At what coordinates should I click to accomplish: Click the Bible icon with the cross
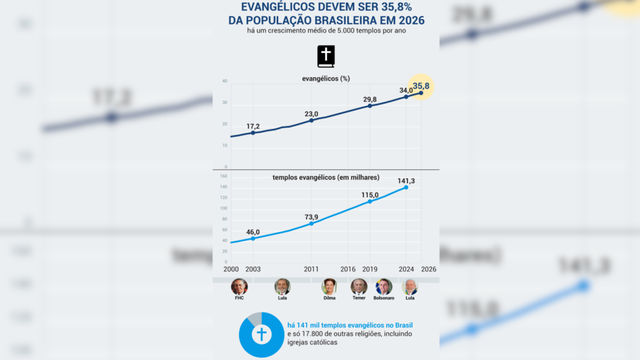326,56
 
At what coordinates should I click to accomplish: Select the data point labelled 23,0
311,120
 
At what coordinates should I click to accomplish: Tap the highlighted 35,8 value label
421,86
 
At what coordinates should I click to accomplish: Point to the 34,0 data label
406,91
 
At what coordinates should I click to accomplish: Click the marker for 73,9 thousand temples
311,223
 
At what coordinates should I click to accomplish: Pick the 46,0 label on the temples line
252,232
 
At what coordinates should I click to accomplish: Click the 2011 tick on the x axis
311,269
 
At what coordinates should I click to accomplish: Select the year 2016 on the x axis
348,269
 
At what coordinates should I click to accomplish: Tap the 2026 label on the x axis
429,269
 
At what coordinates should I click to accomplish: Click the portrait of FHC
239,287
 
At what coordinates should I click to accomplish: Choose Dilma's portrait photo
329,287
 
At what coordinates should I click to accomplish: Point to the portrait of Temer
359,287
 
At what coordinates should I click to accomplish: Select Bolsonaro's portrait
384,287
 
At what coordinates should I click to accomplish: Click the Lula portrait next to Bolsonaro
410,287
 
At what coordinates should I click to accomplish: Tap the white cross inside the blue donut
261,334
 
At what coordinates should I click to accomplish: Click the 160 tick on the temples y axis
223,176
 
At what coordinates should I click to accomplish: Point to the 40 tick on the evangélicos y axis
224,81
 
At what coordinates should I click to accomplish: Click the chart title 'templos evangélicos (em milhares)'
326,177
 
